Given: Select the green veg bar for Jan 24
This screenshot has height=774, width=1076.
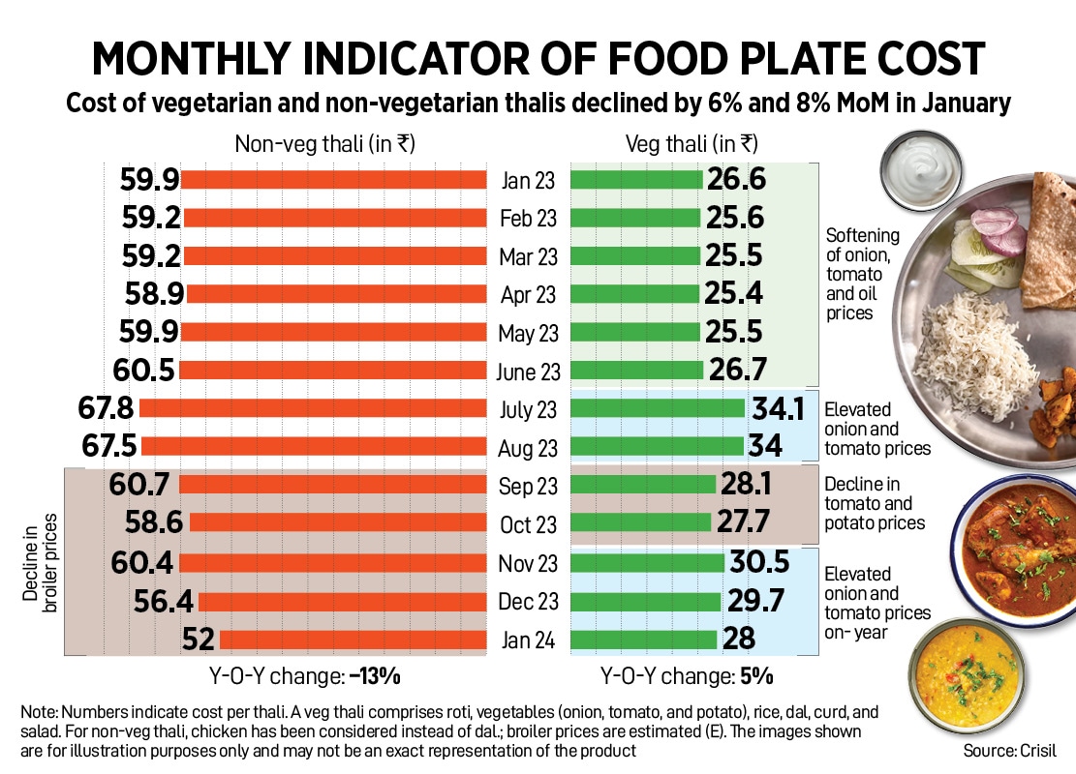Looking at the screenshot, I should point(644,640).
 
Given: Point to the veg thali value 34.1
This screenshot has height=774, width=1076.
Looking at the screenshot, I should point(778,409).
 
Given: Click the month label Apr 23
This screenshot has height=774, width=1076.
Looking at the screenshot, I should point(529,295).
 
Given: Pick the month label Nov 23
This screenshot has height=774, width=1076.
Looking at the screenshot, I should point(529,563).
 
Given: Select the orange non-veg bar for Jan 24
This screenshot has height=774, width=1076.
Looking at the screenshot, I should point(353,640).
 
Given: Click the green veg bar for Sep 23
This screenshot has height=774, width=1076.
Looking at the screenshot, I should point(643,486).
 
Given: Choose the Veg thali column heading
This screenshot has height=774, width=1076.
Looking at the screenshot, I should point(692,144).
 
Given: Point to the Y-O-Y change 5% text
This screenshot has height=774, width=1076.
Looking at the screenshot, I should point(687,675).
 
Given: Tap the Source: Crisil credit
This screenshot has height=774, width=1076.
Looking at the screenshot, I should point(1008,751).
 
